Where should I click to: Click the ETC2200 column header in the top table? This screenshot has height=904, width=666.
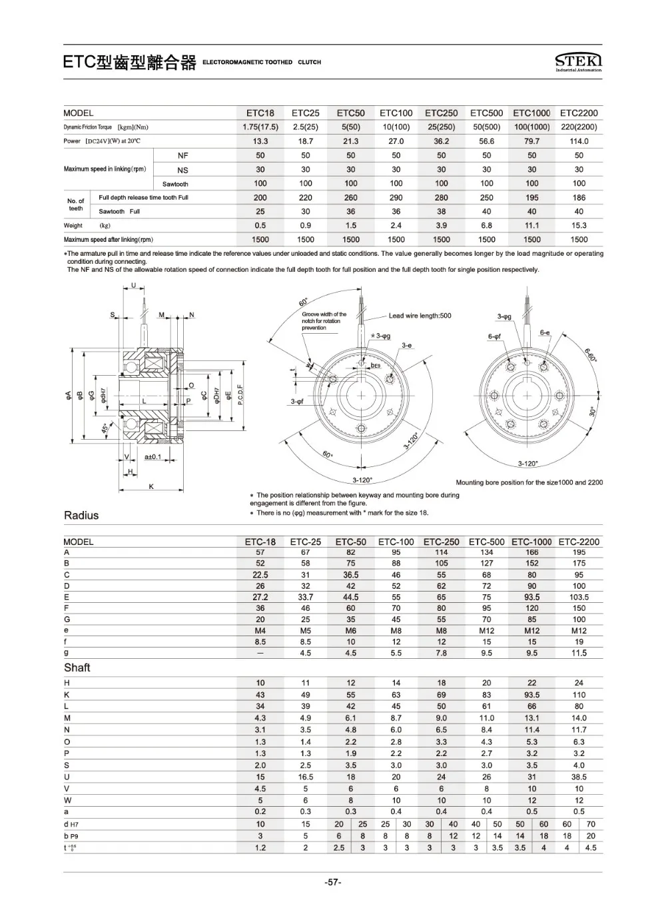click(x=579, y=113)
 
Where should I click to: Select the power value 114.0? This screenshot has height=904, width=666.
click(x=579, y=141)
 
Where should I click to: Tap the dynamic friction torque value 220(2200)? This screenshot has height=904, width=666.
click(x=579, y=127)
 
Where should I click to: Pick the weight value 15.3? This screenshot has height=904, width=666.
click(x=579, y=226)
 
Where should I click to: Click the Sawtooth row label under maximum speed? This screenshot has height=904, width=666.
click(x=175, y=184)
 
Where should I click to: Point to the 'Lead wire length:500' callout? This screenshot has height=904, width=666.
click(x=420, y=316)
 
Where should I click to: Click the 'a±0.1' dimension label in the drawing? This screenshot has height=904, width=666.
click(x=153, y=457)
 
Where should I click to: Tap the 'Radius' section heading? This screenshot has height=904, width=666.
click(x=81, y=515)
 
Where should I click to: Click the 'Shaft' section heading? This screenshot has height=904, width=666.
click(x=77, y=668)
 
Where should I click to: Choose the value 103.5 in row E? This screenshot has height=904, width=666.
click(x=579, y=598)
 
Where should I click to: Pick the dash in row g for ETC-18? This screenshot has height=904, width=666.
click(x=260, y=654)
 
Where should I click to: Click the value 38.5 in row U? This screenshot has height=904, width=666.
click(x=579, y=777)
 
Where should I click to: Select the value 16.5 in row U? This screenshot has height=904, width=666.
click(x=305, y=777)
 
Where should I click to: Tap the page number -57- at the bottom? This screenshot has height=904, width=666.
click(x=333, y=883)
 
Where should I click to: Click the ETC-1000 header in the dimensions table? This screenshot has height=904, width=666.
click(x=531, y=542)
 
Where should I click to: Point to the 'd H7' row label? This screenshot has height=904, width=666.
click(x=71, y=825)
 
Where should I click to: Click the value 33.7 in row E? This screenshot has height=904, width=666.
click(x=305, y=598)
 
